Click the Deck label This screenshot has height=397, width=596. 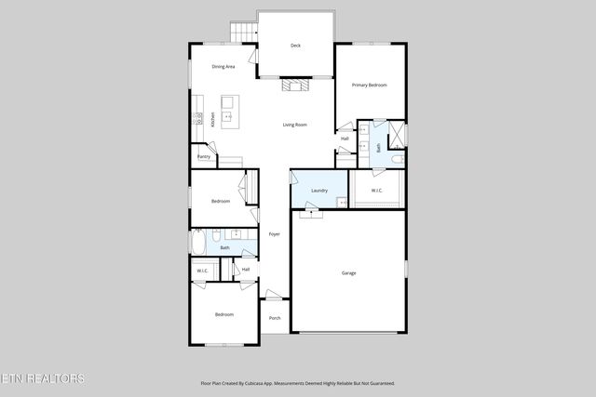(295, 46)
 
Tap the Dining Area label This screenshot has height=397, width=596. (223, 67)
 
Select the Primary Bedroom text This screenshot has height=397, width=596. (369, 85)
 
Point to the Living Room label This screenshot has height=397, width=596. (295, 125)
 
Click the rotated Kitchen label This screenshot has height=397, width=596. (212, 119)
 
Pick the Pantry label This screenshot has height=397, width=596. (203, 157)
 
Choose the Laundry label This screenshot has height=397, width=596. (319, 191)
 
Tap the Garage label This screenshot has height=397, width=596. (349, 272)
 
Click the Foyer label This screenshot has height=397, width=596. (275, 234)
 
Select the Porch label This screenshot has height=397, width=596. (275, 318)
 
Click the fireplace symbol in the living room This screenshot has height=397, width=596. (294, 86)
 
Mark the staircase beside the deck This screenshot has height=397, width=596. (243, 33)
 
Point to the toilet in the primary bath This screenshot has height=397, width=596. (396, 160)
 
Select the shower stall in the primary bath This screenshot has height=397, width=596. (397, 133)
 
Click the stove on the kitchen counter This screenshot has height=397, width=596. (196, 118)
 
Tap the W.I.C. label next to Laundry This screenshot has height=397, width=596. (376, 191)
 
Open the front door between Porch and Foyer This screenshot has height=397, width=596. (274, 297)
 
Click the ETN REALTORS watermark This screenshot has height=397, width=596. (43, 378)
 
